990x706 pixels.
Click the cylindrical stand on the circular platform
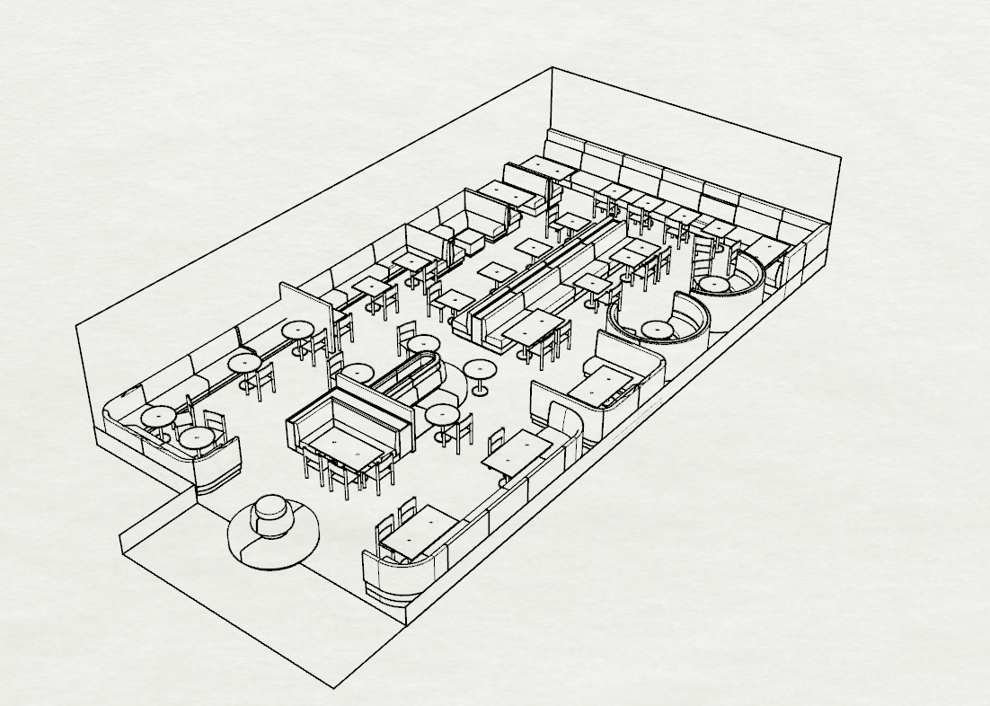click(x=270, y=516)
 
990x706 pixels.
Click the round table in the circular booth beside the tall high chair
click(x=713, y=284)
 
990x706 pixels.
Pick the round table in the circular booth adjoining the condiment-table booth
click(x=658, y=329)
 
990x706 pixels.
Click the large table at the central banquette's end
click(x=534, y=327)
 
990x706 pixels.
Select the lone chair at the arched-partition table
click(x=497, y=442)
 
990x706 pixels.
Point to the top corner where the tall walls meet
click(x=552, y=69)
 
